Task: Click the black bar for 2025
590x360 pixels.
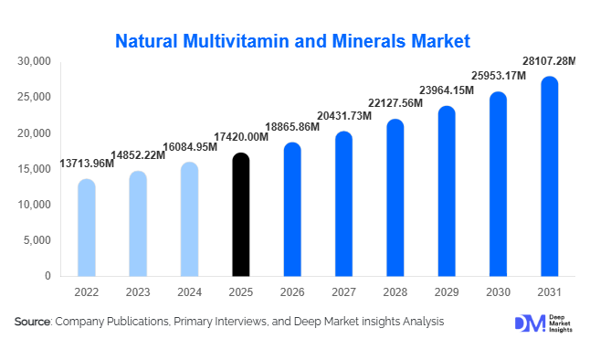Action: [x=240, y=215]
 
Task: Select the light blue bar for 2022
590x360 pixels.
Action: [x=86, y=228]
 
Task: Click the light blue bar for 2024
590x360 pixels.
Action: [x=188, y=219]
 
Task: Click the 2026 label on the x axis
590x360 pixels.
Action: [x=291, y=292]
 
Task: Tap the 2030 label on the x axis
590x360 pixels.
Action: [x=498, y=292]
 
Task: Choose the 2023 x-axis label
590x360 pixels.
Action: [x=137, y=292]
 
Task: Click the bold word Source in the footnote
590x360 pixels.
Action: [x=33, y=322]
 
